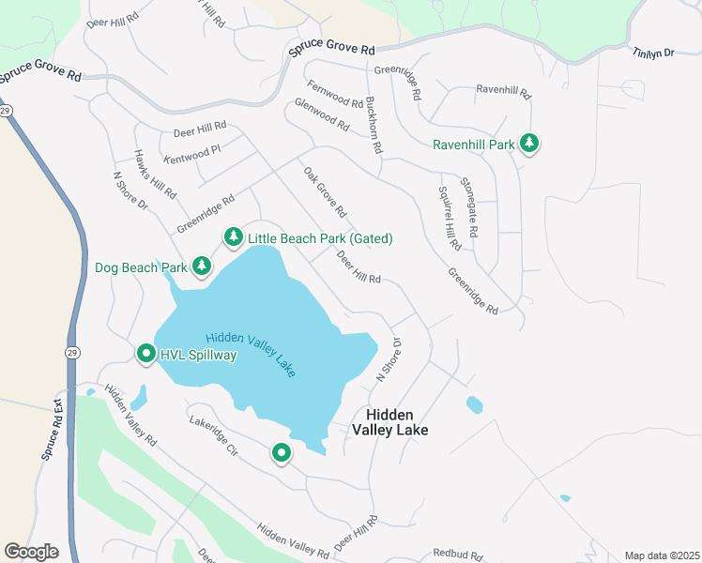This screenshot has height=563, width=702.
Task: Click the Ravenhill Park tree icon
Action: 530,145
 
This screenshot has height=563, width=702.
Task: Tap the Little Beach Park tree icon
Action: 233,238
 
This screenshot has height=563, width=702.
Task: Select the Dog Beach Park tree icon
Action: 201,267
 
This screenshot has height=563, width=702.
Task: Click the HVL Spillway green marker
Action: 146,355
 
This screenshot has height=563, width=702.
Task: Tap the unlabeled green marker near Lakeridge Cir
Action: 281,454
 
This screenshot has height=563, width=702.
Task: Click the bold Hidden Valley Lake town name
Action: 389,421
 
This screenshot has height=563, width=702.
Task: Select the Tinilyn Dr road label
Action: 653,53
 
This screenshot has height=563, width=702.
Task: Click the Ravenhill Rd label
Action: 503,92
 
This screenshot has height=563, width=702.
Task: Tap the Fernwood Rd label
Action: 334,94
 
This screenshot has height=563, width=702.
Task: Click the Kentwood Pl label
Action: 191,154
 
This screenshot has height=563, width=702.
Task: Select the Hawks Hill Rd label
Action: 155,175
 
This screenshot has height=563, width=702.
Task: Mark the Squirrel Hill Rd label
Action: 450,218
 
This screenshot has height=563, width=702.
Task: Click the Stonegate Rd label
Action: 469,206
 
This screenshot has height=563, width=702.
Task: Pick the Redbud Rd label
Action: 456,555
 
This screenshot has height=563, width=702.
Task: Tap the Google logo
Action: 31,551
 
